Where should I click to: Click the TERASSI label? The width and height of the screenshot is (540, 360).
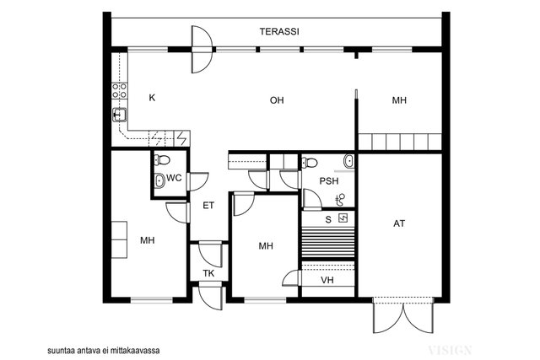point(279,32)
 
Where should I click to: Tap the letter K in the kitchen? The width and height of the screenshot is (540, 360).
point(152,98)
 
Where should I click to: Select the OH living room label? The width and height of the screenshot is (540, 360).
point(277,100)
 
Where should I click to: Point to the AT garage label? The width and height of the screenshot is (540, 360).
point(399,223)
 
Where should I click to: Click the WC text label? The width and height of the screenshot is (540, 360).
point(174,178)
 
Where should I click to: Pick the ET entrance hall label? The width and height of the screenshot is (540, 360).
point(208,206)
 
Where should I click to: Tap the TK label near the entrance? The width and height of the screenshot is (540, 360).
point(208,274)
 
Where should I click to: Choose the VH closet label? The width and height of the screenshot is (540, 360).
point(327,280)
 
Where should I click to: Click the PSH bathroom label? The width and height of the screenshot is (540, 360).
point(329,181)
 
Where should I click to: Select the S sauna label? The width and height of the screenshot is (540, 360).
point(328,219)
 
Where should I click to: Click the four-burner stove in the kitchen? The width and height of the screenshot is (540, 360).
point(120,90)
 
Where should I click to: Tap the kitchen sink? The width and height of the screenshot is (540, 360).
point(119,115)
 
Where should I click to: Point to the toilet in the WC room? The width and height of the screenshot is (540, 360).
point(162,160)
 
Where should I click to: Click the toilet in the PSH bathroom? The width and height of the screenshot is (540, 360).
point(310,163)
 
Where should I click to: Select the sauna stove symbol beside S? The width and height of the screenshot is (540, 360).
point(343,218)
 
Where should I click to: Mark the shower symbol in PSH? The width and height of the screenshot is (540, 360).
point(340,200)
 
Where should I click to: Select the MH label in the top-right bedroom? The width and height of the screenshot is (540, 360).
point(399,100)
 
